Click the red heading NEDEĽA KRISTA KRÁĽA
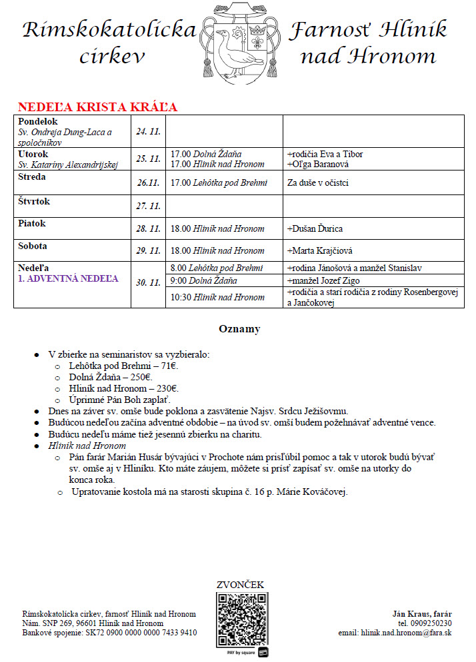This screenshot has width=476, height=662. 97,107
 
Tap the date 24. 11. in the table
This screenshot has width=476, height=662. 148,132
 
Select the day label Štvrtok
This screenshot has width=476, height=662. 34,201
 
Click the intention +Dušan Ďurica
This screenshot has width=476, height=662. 315,229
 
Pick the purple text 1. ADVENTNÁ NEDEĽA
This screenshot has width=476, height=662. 68,278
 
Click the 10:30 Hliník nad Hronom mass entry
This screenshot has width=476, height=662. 217,297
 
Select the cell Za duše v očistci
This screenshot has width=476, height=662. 317,183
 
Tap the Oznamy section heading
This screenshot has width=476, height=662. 239,329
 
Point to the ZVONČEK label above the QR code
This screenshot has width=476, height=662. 240,585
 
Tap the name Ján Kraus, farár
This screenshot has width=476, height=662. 423,613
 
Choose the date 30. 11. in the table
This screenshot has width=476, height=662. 148,282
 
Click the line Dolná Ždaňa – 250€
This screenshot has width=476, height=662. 110,377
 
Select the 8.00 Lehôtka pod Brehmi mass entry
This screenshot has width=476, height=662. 217,268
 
